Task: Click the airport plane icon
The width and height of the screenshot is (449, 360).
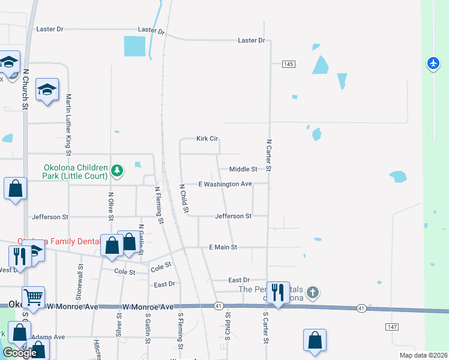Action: pos(433,62)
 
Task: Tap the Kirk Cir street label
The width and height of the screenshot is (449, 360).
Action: pos(207,139)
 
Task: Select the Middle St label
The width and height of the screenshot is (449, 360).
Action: pos(243,170)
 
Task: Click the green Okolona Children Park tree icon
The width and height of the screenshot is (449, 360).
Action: pos(117,171)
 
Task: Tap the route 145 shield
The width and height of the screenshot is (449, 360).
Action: pos(289,64)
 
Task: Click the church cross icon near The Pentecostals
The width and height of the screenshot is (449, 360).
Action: pos(312,293)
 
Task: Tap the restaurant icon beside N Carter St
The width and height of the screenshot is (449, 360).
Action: pos(277,292)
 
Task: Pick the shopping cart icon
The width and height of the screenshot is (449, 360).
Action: pos(34,296)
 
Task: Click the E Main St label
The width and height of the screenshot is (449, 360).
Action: pos(223,247)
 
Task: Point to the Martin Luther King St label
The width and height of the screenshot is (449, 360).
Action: pos(69,121)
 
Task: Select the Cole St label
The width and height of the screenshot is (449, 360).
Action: pos(161,264)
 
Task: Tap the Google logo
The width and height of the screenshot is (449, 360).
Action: pos(20,353)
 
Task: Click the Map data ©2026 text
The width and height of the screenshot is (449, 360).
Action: pos(422,355)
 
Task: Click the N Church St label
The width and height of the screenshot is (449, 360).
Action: pos(26,89)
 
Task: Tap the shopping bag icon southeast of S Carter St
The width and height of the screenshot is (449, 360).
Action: pos(315,340)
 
